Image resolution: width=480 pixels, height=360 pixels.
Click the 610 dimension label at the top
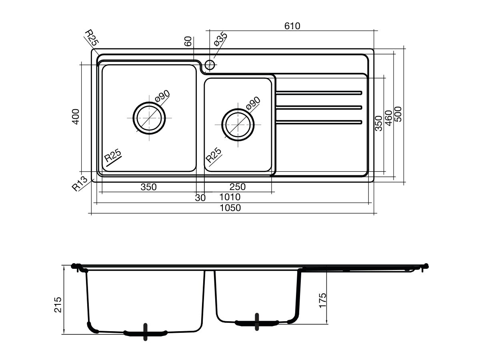292,26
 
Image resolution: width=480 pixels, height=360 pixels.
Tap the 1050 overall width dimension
230,208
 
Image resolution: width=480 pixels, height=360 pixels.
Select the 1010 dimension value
230,197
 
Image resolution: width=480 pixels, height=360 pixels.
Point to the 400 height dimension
76,117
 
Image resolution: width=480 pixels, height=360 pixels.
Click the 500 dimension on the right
398,114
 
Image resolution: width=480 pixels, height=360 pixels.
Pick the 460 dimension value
388,118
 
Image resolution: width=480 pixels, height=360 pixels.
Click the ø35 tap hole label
220,39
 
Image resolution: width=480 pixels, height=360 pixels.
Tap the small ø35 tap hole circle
210,64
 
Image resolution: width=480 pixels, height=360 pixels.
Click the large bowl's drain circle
149,118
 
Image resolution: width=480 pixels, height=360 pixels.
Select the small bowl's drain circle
238,124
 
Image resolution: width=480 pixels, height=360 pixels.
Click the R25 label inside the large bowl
113,156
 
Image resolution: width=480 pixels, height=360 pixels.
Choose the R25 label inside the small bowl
214,155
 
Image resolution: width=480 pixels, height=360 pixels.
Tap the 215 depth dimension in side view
58,305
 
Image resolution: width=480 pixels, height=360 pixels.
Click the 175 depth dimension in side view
322,300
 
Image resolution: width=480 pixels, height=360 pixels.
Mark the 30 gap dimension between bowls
200,198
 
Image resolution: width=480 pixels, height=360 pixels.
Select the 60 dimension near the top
188,41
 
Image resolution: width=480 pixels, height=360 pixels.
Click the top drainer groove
319,93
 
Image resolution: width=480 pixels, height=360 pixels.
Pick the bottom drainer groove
319,122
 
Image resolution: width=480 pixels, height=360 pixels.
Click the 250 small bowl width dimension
238,187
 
